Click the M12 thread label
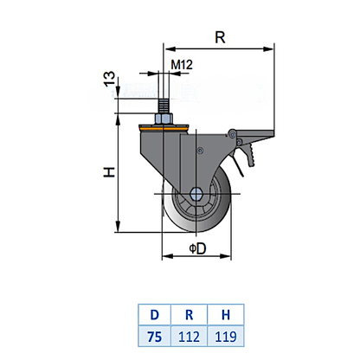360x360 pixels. point(181,66)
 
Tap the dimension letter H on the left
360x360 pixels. point(109,173)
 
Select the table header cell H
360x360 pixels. point(223,313)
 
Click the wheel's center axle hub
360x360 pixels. point(196,197)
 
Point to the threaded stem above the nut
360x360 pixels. point(162,95)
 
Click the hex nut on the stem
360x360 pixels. point(162,118)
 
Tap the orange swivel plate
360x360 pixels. point(162,129)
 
